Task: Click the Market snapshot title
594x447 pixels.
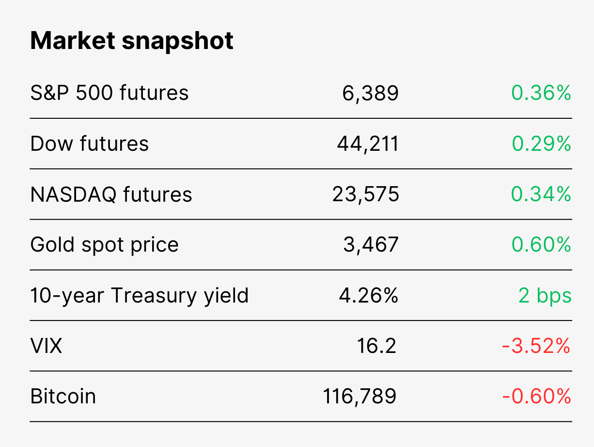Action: (131, 41)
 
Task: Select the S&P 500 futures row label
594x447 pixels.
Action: (109, 93)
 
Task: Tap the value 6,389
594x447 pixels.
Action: (370, 94)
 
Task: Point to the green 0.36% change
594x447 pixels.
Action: (541, 93)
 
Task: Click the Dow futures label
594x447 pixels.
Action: (89, 144)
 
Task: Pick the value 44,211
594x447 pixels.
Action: (368, 144)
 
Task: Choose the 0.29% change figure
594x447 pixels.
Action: (541, 144)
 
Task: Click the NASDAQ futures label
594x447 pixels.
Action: (111, 194)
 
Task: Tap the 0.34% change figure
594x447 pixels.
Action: (541, 194)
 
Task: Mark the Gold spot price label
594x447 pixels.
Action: (105, 245)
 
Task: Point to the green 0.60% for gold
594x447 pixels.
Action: (541, 245)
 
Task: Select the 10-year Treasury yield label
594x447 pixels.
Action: (140, 296)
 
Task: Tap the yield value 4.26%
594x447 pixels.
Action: (369, 295)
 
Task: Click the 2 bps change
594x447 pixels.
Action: (545, 296)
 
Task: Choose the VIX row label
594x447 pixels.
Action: (47, 346)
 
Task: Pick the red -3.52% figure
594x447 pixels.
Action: (536, 346)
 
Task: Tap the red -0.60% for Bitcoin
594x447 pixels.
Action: (537, 397)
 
